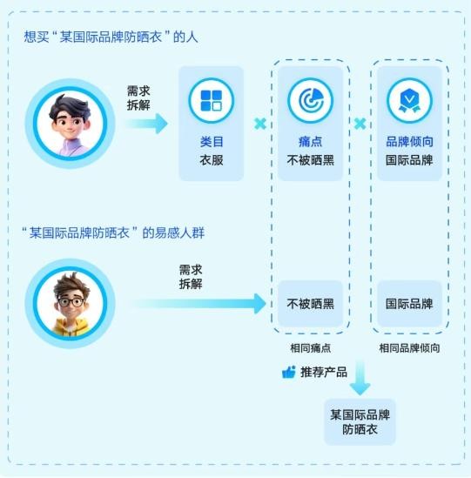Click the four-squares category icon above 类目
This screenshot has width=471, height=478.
(x=211, y=101)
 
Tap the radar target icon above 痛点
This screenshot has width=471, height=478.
(x=310, y=101)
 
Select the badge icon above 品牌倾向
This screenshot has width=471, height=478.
(x=409, y=101)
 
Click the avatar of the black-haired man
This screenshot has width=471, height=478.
(x=71, y=124)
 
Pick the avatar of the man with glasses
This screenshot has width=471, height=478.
(x=71, y=303)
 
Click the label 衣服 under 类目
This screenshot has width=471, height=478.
(x=212, y=160)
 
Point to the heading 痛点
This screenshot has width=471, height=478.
(x=310, y=142)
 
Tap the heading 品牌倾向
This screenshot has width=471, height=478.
(x=409, y=142)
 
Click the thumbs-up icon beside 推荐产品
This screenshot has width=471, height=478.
(x=289, y=373)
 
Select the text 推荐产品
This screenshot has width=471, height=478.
(x=324, y=373)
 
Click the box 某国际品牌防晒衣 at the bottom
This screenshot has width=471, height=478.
(x=360, y=422)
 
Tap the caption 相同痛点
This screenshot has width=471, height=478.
(x=310, y=348)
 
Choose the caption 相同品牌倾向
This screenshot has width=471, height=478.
(x=409, y=348)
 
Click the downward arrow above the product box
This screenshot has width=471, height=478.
(x=360, y=378)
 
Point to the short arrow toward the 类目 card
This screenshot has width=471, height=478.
(x=146, y=124)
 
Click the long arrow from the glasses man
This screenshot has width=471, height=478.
(x=198, y=303)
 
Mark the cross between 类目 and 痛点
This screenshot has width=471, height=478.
(x=260, y=124)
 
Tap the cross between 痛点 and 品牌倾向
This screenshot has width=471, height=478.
(x=360, y=124)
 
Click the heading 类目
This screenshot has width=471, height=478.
(x=212, y=142)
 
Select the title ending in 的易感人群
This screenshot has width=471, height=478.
(x=113, y=232)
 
